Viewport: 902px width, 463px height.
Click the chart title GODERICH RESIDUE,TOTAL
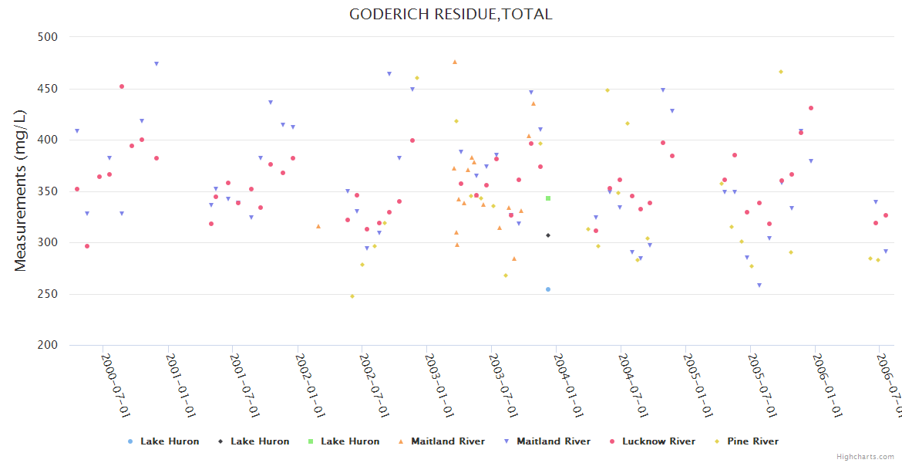click(450, 14)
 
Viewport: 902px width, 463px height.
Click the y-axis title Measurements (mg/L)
click(21, 190)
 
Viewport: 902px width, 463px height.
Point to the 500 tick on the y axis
click(49, 37)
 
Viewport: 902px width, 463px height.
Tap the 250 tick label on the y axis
click(49, 294)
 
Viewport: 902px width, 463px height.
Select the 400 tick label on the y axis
click(49, 140)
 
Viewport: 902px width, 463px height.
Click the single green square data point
click(548, 198)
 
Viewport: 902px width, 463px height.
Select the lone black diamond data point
click(548, 235)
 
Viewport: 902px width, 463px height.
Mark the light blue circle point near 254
click(548, 289)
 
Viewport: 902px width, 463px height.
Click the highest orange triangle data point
click(455, 62)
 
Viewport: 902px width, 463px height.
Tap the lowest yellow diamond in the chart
click(352, 296)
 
